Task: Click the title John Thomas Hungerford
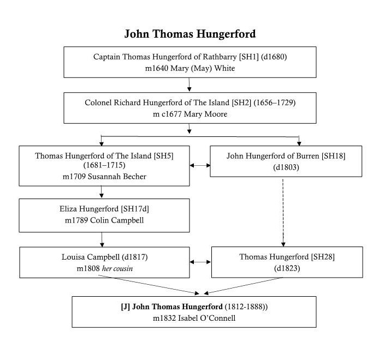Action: click(190, 34)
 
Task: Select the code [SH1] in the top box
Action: click(249, 57)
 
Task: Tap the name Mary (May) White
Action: click(203, 68)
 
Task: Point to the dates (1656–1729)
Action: click(275, 103)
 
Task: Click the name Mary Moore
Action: click(205, 114)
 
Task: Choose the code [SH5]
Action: click(164, 156)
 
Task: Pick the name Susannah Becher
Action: click(117, 177)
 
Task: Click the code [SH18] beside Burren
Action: click(334, 156)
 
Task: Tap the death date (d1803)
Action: click(286, 167)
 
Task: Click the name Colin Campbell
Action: click(117, 220)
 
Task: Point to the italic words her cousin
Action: click(117, 268)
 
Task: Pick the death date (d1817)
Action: click(135, 257)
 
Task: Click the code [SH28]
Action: click(323, 257)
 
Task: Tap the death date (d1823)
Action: click(287, 268)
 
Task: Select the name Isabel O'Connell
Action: click(206, 318)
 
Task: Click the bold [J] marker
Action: click(126, 307)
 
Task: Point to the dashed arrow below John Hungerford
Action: click(283, 213)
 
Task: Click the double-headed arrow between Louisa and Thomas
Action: click(200, 262)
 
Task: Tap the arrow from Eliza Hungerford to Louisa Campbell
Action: click(102, 239)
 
